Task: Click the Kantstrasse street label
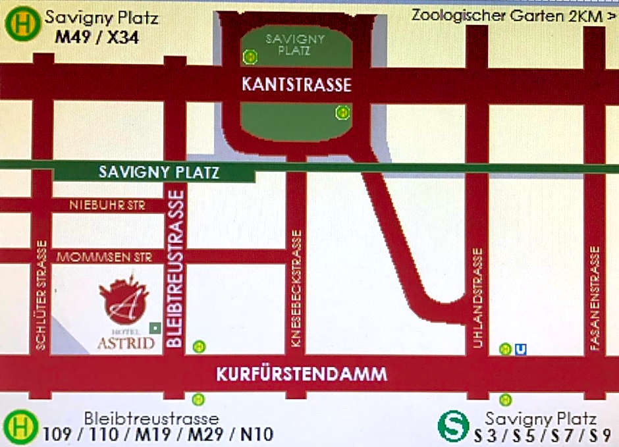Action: [x=296, y=85]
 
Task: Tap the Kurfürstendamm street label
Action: [x=302, y=375]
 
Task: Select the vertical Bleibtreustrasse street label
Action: [x=175, y=267]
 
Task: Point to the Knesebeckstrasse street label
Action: [x=296, y=289]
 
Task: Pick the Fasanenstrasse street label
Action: [x=595, y=298]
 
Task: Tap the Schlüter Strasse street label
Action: [x=41, y=294]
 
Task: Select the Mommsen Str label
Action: [x=105, y=257]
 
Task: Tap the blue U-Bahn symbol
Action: [x=521, y=349]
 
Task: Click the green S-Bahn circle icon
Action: [x=453, y=425]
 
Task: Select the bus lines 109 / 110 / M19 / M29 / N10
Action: [x=158, y=434]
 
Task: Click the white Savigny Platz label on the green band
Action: [x=158, y=172]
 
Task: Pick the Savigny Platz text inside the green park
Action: [x=296, y=44]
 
